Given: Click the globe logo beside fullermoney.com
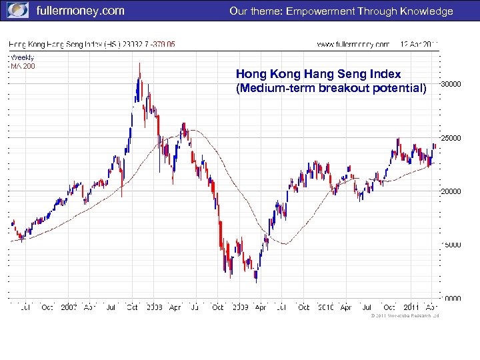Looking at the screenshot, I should pyautogui.click(x=18, y=11).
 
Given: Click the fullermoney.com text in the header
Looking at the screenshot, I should pyautogui.click(x=79, y=11).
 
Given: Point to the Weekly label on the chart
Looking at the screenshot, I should pyautogui.click(x=22, y=57).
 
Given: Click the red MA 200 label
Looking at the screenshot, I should pyautogui.click(x=23, y=66).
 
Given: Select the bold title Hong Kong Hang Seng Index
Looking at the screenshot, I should pyautogui.click(x=319, y=74).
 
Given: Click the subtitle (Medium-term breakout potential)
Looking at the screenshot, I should pyautogui.click(x=331, y=88).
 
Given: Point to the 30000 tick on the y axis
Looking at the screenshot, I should pyautogui.click(x=451, y=84).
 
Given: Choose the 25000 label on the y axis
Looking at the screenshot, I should pyautogui.click(x=451, y=138).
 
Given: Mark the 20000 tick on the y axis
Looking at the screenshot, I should pyautogui.click(x=451, y=191).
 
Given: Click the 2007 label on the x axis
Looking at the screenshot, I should pyautogui.click(x=69, y=307).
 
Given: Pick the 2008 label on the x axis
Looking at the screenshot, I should pyautogui.click(x=154, y=307).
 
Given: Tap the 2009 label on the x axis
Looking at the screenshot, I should pyautogui.click(x=239, y=307).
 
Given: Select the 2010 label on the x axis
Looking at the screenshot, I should pyautogui.click(x=325, y=307).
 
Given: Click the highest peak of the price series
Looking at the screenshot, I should pyautogui.click(x=139, y=63).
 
